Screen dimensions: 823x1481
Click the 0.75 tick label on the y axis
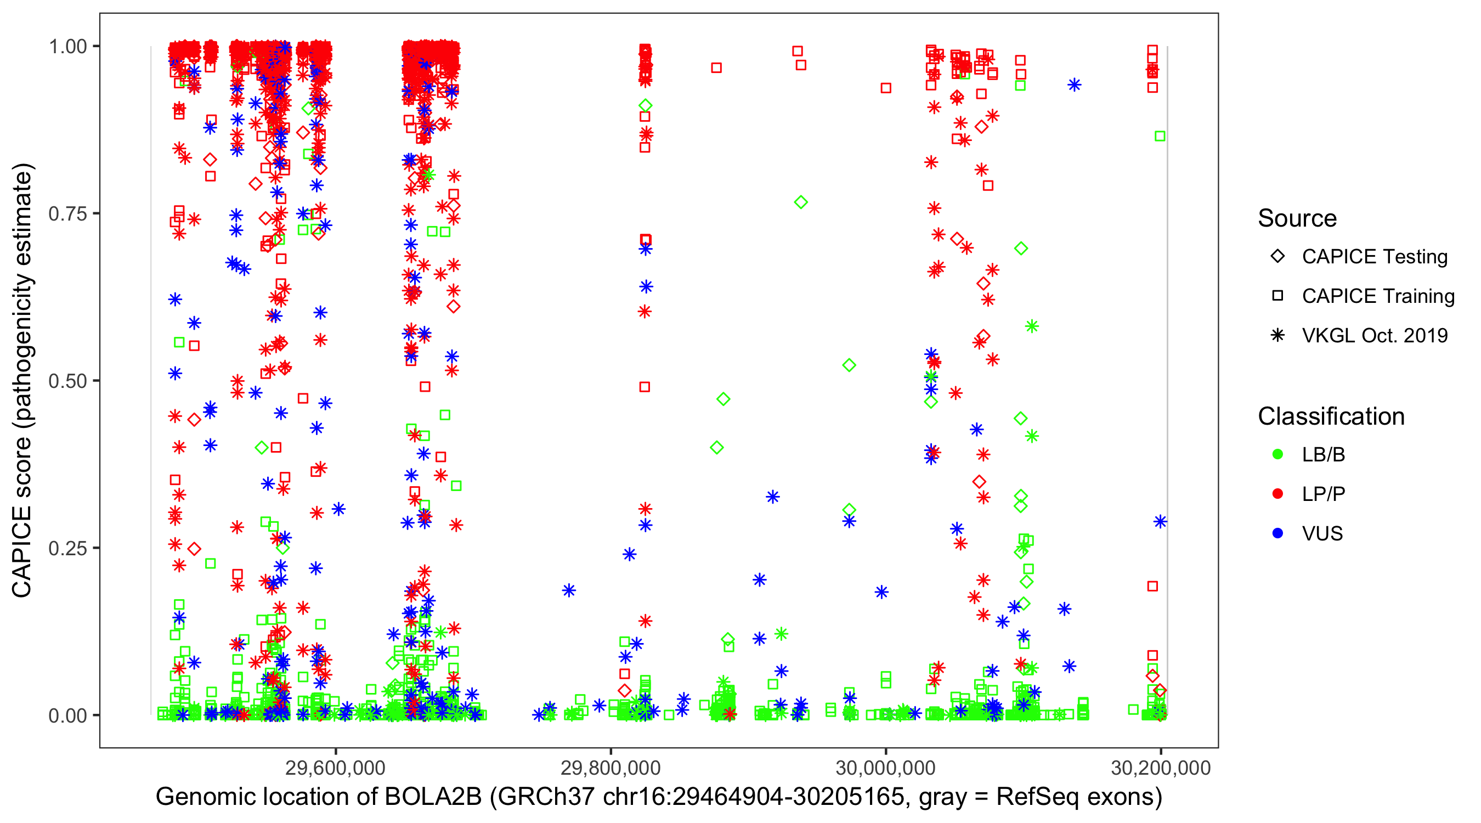[67, 214]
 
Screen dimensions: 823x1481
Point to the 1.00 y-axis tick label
[67, 47]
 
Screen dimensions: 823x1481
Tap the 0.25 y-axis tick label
[67, 548]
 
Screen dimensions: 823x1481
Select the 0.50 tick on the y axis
[67, 381]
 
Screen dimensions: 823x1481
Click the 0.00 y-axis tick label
[67, 715]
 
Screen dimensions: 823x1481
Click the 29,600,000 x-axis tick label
[336, 768]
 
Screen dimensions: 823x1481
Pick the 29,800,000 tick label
[611, 768]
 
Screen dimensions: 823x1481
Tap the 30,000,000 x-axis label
[885, 768]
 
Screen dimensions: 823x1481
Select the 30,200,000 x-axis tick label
[1161, 768]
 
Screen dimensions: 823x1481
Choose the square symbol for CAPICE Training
[1277, 296]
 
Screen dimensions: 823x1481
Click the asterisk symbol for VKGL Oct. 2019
[1277, 335]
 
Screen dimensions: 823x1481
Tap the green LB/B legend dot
[1277, 454]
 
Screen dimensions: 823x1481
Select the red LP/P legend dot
[1277, 494]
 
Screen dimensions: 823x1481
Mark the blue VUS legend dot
[1277, 533]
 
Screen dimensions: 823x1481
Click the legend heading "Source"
[1297, 218]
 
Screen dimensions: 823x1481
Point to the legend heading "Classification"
[1331, 416]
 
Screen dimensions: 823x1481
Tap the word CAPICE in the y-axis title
[22, 552]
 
